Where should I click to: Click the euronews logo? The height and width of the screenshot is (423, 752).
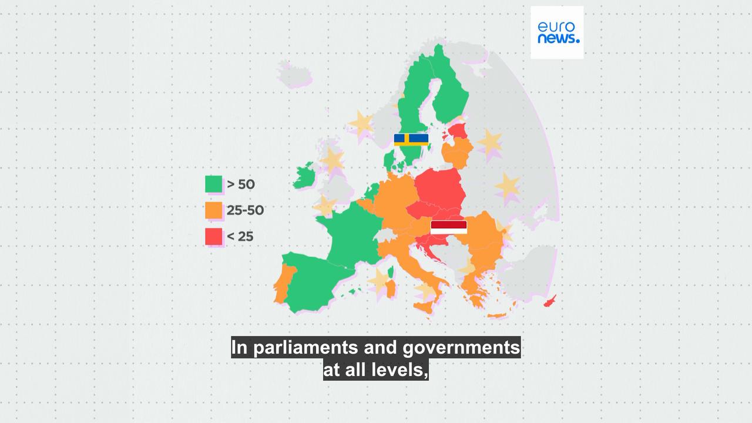click(557, 32)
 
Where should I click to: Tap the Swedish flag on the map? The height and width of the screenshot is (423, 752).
click(411, 140)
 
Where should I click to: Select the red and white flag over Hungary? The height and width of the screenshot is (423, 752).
click(449, 227)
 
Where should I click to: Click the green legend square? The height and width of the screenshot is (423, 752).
click(214, 184)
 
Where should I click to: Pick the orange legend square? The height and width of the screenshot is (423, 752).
click(214, 210)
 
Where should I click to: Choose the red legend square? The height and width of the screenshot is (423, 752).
click(214, 237)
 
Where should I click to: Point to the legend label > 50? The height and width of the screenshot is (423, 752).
click(241, 184)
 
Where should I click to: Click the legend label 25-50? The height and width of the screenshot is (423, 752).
click(246, 210)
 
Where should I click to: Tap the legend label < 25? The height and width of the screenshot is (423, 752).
click(240, 237)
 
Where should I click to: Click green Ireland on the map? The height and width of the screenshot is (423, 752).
click(304, 177)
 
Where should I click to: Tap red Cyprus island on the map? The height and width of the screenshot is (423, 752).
click(550, 302)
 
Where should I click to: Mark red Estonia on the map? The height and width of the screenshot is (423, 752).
click(458, 130)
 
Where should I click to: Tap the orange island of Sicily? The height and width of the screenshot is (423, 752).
click(425, 306)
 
